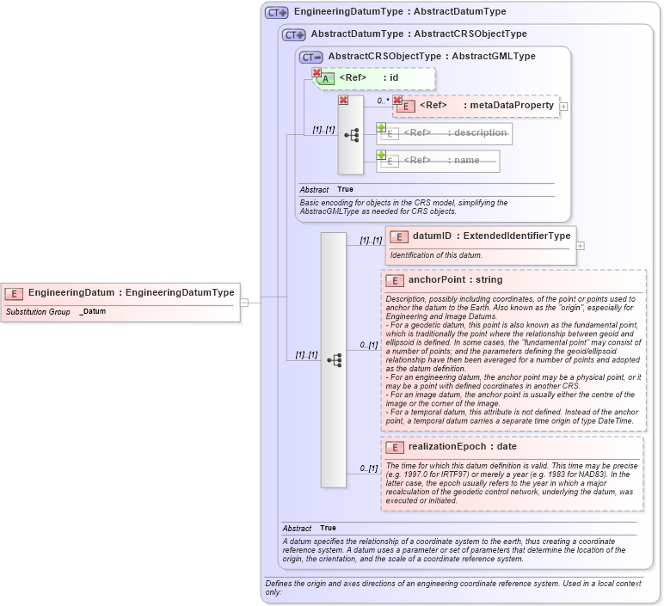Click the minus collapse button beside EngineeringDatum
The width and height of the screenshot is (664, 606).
point(244,302)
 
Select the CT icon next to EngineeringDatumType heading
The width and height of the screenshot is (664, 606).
point(276,13)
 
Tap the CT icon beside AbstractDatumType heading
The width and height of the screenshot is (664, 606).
point(293,35)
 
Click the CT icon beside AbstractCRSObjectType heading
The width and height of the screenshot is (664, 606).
point(310,57)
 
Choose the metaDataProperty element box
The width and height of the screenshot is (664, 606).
point(478,106)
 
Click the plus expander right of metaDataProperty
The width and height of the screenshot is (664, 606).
point(563,107)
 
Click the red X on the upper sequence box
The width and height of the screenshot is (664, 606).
point(343,101)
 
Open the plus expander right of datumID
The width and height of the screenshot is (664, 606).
point(580,245)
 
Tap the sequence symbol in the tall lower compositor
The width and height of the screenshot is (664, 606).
point(334,360)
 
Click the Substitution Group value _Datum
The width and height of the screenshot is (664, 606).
point(93,311)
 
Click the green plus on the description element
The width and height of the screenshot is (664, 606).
point(381,128)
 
